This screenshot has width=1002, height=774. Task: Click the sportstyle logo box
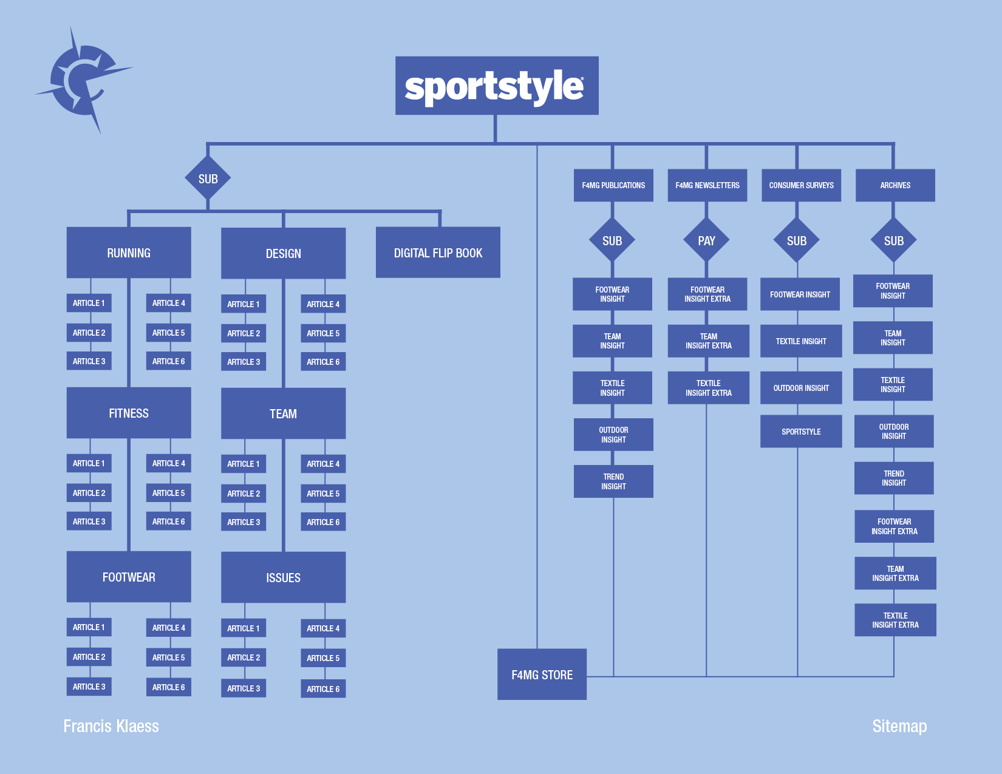pos(496,86)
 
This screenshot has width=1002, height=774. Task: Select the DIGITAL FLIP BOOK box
pos(438,253)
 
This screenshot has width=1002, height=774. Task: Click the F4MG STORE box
pos(542,674)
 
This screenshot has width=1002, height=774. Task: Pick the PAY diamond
pos(706,241)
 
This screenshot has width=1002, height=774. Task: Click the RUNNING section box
pos(129,253)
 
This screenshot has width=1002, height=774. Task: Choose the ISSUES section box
pos(283,577)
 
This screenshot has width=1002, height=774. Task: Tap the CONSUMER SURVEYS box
pos(801,185)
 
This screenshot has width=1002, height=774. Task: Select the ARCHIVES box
pos(895,185)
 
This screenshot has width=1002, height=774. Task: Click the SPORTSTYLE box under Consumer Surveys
pos(801,432)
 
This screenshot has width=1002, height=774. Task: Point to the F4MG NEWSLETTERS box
pos(707,185)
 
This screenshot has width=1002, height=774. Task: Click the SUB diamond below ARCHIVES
pos(893,241)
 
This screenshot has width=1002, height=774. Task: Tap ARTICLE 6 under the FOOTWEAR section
pos(168,687)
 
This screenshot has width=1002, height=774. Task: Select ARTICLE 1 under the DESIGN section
pos(243,304)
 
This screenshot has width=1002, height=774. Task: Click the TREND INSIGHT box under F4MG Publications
pos(613,481)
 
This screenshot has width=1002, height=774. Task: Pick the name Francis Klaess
pos(111,726)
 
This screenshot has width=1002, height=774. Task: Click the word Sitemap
pos(899,726)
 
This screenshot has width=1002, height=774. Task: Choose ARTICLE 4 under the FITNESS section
pos(168,463)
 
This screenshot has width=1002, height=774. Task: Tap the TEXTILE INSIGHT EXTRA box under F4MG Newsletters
pos(708,388)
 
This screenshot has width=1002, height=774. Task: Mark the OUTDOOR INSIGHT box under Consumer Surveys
pos(801,388)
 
